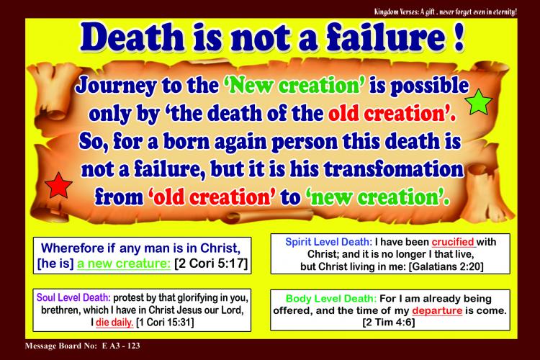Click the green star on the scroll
point(478,102)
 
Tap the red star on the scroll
point(58,186)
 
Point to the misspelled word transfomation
point(394,168)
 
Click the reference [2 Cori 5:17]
point(211,264)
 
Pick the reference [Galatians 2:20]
point(446,266)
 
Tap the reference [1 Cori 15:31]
point(165,323)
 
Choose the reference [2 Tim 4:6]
point(389,323)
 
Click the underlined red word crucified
point(453,242)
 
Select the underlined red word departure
point(437,310)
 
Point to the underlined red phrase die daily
point(114,323)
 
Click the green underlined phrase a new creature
point(124,264)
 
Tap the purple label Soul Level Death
point(73,297)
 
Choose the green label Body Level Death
point(331,298)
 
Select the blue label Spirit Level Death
point(328,242)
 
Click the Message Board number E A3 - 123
point(121,346)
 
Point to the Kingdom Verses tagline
point(446,12)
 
